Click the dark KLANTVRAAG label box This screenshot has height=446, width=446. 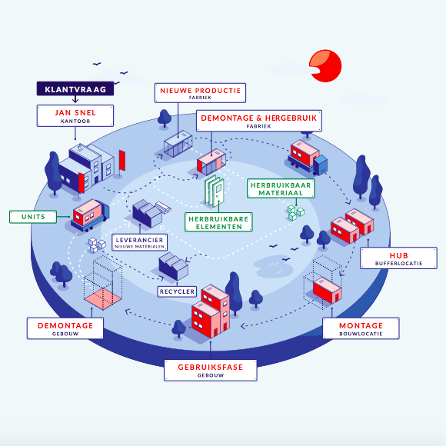[75, 88]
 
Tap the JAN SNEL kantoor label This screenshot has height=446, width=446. [75, 116]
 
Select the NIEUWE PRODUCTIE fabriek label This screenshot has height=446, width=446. [200, 93]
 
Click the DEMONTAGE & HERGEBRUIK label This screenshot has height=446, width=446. [259, 121]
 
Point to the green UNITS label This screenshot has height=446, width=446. [33, 217]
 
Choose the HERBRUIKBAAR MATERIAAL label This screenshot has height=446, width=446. [281, 188]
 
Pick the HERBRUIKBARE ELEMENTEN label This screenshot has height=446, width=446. [218, 222]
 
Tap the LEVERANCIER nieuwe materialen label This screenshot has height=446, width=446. [140, 243]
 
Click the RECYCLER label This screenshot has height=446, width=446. [177, 291]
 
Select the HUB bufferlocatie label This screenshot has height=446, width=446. [398, 258]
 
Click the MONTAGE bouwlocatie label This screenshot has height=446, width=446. [361, 328]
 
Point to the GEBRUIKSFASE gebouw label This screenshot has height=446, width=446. [211, 371]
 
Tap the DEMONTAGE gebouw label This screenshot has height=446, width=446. [65, 328]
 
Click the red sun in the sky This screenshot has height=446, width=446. [326, 66]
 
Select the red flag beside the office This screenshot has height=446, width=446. [122, 160]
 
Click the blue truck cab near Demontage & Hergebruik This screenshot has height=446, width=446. [321, 165]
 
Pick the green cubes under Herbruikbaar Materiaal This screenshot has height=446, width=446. [295, 212]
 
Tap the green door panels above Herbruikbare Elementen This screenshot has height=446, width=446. [215, 191]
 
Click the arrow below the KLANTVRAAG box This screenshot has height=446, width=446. [75, 99]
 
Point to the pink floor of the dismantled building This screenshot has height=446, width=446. [103, 298]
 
